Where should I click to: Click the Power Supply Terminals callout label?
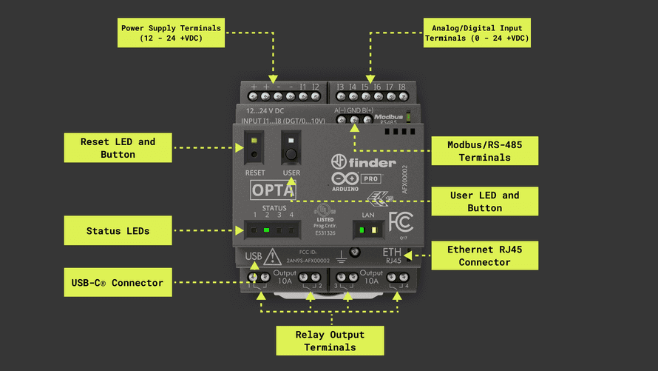[171, 33]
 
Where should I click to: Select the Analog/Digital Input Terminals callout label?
[477, 33]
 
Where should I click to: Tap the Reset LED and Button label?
[118, 148]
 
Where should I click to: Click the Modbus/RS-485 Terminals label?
[484, 151]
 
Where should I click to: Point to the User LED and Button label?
[484, 201]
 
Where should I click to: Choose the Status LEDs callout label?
[118, 231]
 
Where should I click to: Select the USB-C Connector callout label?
[118, 282]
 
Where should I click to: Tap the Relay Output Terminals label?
[330, 341]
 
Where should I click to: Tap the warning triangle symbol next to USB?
[272, 257]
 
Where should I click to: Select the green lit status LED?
[266, 230]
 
